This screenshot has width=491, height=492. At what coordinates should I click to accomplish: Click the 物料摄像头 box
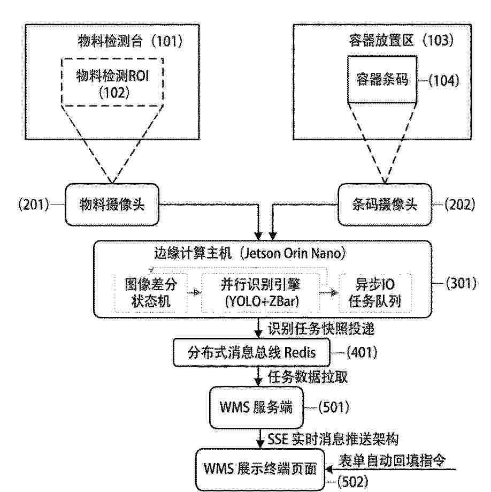112,205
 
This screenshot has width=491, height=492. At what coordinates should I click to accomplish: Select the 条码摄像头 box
385,205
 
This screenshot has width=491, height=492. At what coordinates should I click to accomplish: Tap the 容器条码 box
382,79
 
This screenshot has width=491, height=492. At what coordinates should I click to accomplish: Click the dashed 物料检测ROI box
112,82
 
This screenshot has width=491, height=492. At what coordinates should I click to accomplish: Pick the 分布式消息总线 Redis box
251,352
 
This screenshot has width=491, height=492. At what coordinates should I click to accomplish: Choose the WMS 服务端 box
257,407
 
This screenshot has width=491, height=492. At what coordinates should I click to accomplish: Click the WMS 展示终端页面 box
260,470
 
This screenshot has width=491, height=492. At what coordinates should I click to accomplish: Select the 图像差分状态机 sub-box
151,293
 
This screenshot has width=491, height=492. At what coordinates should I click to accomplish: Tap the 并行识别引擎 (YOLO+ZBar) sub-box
261,293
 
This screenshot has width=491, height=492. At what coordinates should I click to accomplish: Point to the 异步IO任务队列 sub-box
375,293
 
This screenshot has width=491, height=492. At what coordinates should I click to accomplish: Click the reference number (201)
34,205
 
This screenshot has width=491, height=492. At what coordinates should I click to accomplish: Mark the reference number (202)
460,205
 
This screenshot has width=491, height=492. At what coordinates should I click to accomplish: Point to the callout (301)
461,283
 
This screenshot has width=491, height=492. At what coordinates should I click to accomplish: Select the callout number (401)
362,352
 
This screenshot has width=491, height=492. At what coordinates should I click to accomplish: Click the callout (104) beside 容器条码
444,80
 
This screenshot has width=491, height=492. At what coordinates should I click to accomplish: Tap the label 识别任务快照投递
321,329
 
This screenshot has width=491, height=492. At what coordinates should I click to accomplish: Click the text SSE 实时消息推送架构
333,439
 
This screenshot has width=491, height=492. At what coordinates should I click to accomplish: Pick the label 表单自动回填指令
392,460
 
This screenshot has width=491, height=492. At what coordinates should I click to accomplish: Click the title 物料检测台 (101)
130,41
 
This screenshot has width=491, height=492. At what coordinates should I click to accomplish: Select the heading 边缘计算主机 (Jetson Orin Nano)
250,253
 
